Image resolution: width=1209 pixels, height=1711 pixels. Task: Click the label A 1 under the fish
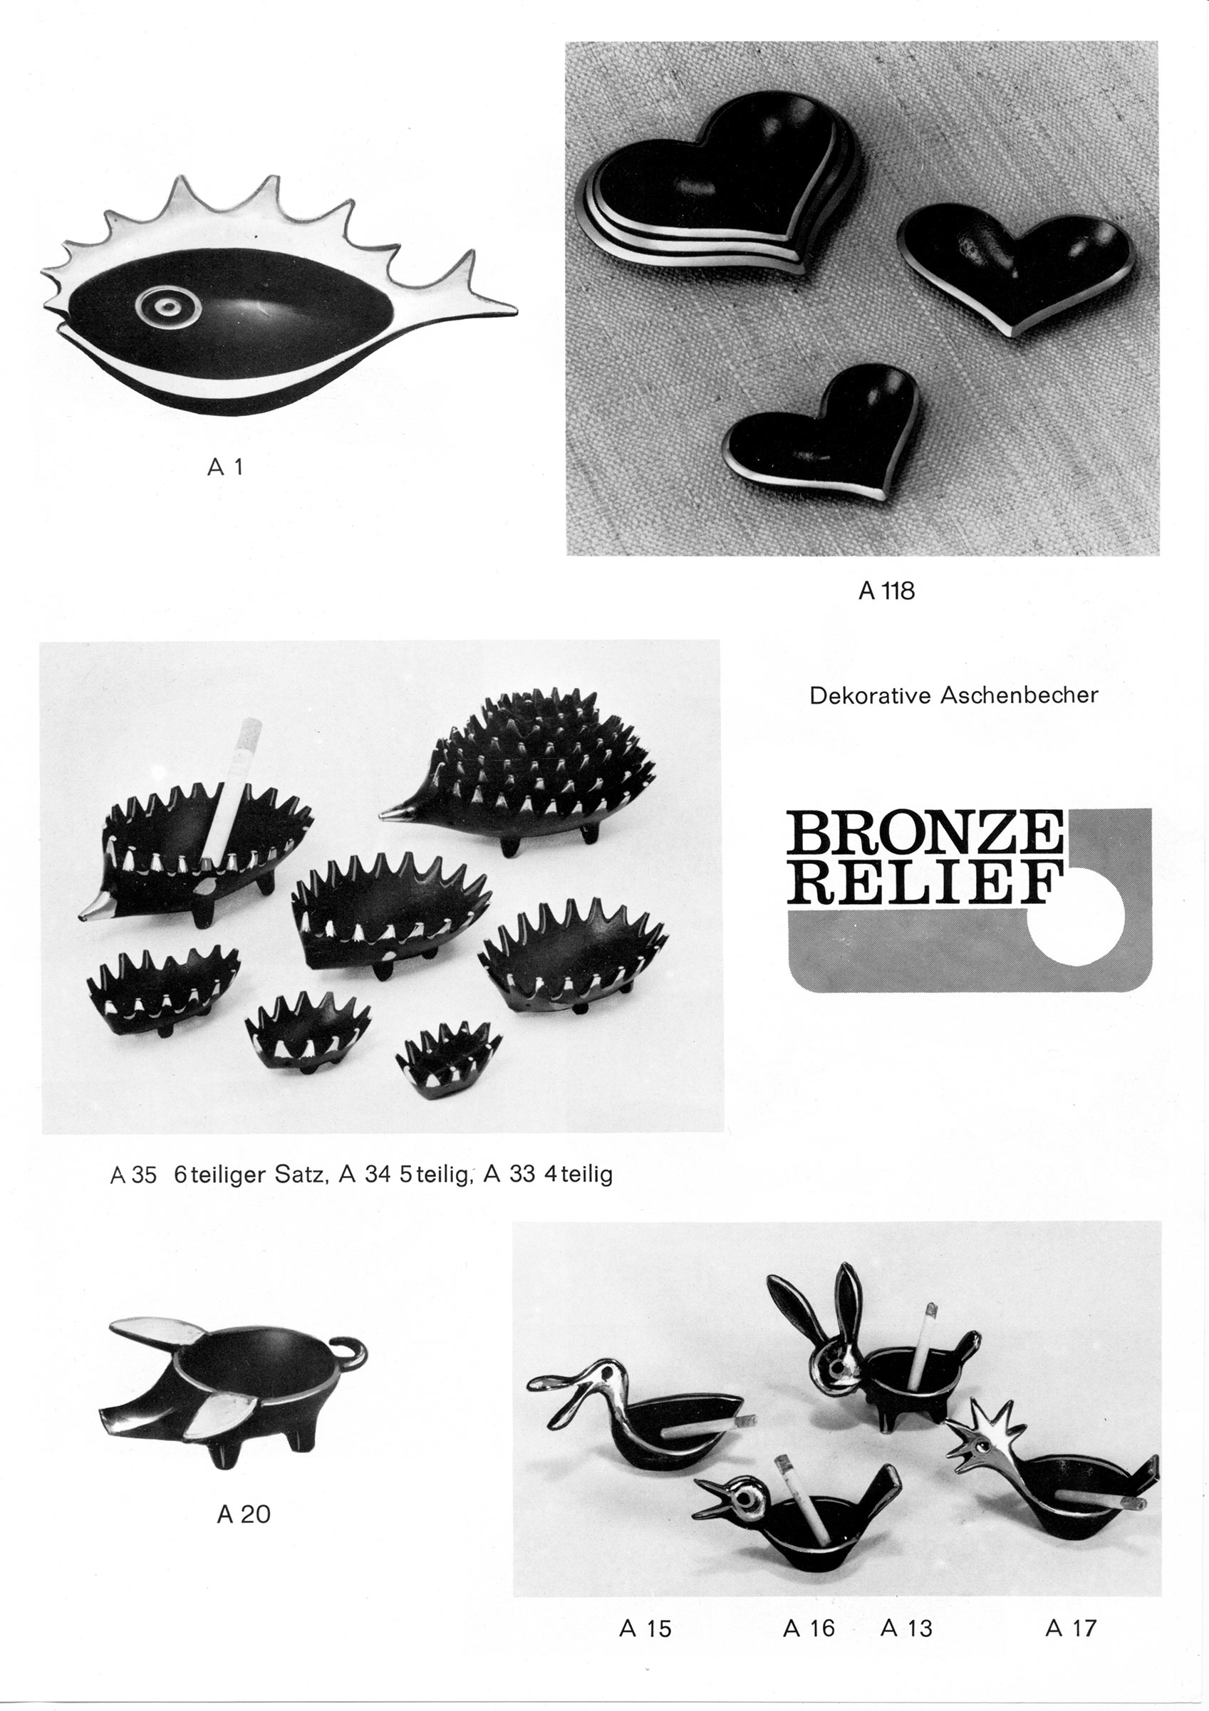click(225, 467)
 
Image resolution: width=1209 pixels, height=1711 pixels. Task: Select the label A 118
click(886, 591)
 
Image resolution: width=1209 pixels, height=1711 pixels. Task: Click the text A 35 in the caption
click(133, 1175)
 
